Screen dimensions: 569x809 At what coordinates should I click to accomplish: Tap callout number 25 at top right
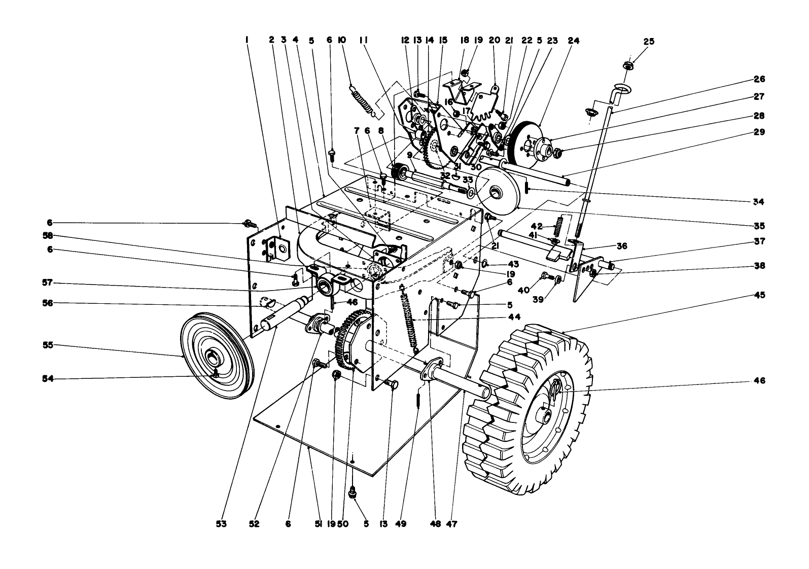(x=649, y=42)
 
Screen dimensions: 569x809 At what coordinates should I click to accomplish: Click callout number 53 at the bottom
(x=221, y=524)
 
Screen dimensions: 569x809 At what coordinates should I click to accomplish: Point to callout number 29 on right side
(x=759, y=132)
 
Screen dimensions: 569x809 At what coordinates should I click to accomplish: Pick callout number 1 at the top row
(x=247, y=40)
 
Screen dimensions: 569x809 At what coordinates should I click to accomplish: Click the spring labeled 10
(x=363, y=101)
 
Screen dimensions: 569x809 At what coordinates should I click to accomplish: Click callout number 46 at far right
(x=759, y=380)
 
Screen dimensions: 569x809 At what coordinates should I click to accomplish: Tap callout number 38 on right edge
(x=759, y=266)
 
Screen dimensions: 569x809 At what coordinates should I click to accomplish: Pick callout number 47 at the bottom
(x=451, y=524)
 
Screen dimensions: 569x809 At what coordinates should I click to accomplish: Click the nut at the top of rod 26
(x=627, y=65)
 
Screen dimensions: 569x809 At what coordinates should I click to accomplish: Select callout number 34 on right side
(x=759, y=201)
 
